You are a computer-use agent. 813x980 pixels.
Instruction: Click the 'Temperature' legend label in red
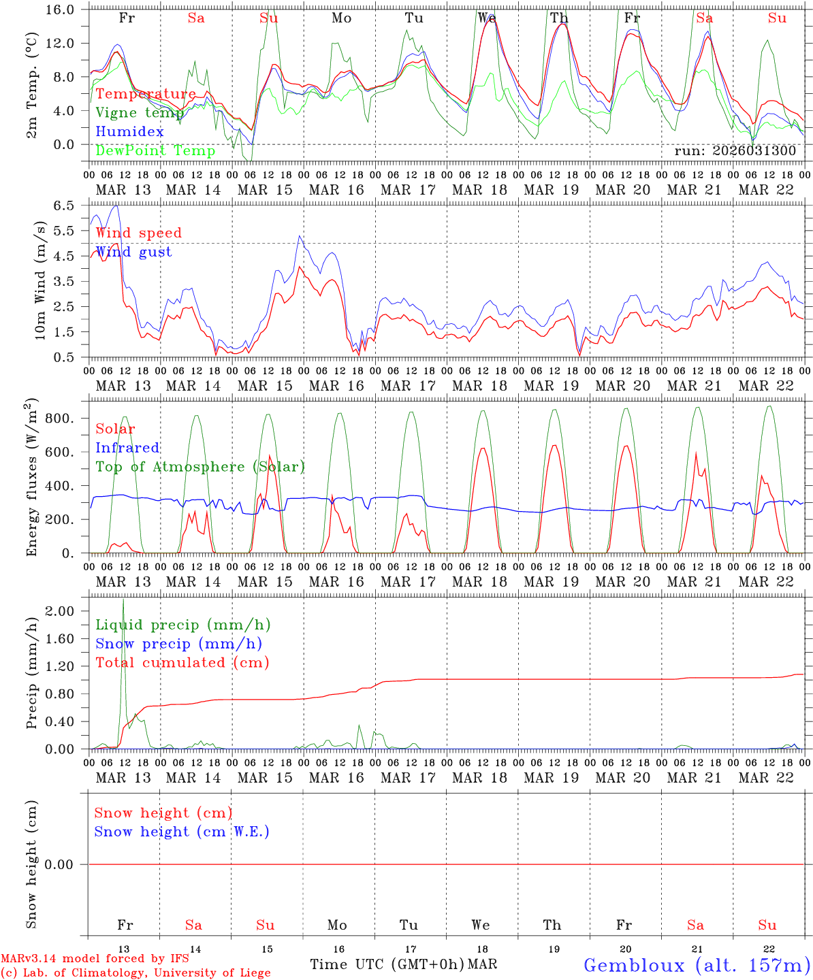[146, 94]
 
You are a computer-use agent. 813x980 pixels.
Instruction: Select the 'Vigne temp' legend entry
[139, 113]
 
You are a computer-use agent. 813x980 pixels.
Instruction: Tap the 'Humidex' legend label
[129, 131]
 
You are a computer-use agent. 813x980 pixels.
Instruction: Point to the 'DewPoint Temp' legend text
[155, 150]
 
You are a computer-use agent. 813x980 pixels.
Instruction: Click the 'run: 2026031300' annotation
[735, 150]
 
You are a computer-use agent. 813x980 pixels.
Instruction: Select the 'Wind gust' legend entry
[133, 252]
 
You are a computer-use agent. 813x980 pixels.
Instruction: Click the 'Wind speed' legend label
[138, 233]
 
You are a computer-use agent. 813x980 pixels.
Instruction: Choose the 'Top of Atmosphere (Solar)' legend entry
[200, 467]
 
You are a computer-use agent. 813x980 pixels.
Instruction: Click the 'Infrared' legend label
[127, 448]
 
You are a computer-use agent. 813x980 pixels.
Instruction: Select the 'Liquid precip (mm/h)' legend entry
[183, 625]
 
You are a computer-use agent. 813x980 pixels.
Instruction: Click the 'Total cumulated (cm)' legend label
[182, 663]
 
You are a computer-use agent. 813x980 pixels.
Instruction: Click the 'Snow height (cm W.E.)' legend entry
[181, 832]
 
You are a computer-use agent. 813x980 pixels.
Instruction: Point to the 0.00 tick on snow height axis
[67, 864]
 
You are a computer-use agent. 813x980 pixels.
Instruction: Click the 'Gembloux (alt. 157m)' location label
[697, 964]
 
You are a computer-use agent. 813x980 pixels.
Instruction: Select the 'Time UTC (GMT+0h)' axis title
[387, 964]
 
